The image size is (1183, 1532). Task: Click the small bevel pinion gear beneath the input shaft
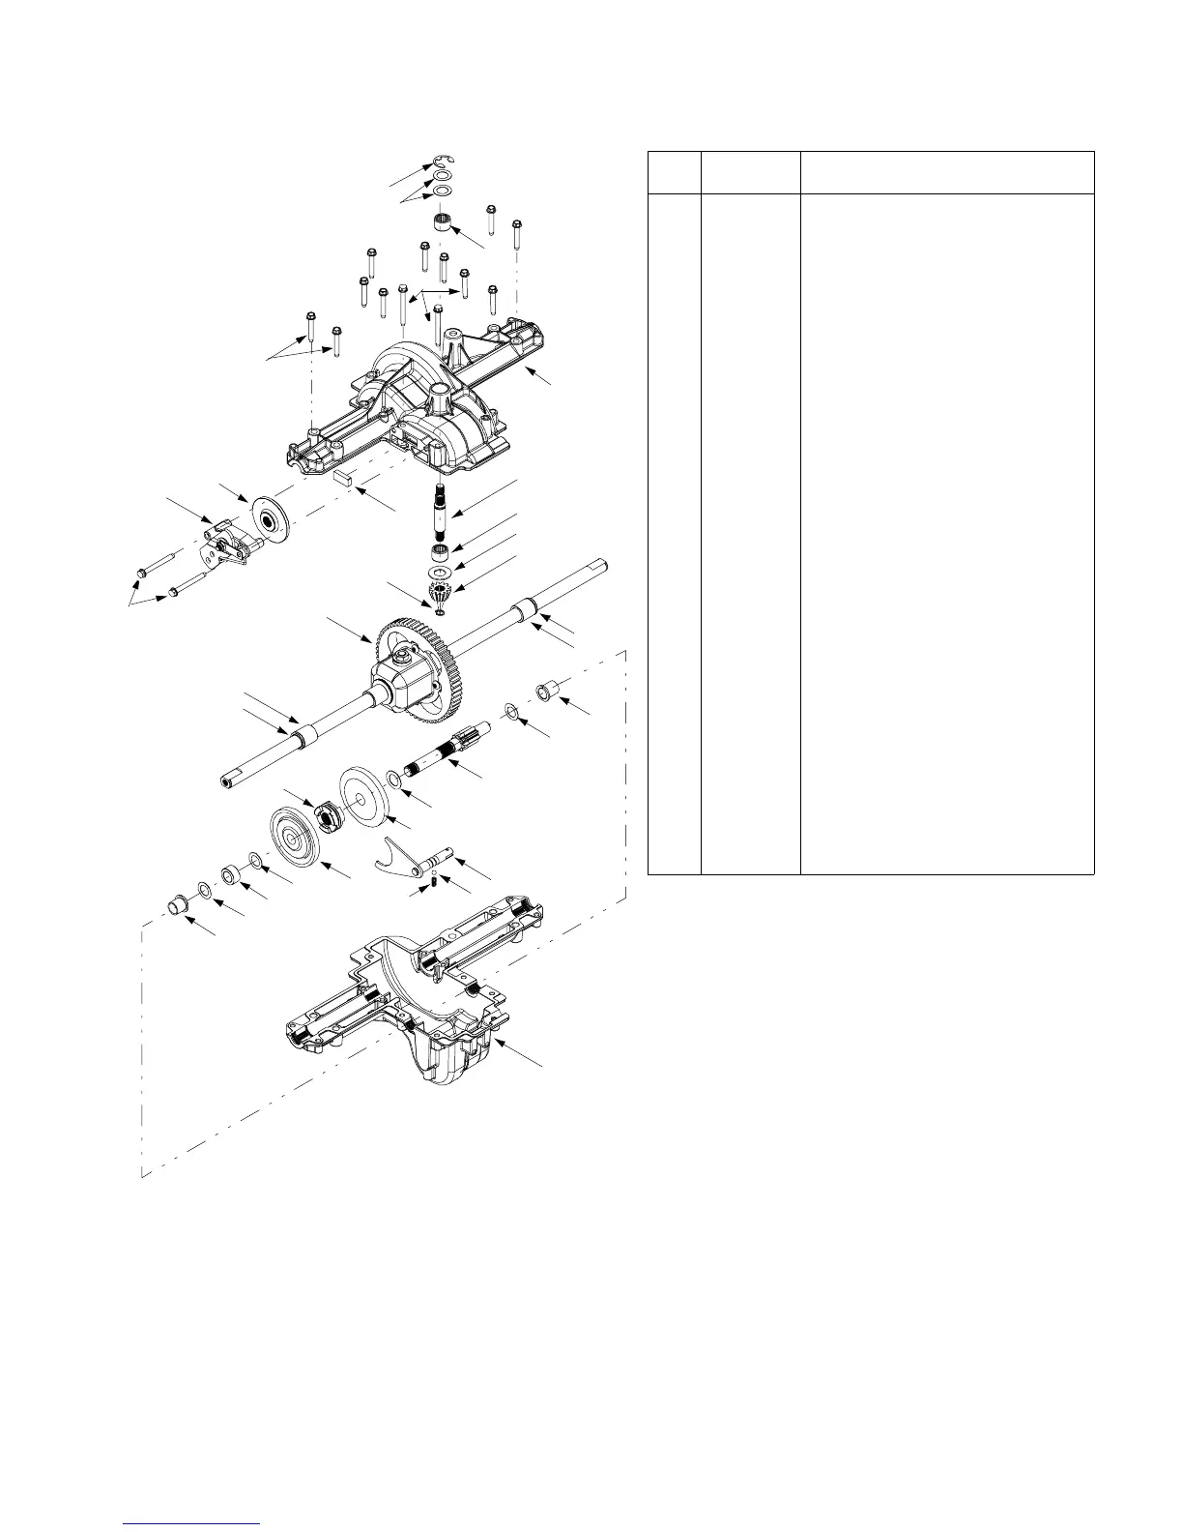[441, 596]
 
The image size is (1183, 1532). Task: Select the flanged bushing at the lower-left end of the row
[178, 906]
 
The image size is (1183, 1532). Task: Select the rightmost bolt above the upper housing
[516, 234]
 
